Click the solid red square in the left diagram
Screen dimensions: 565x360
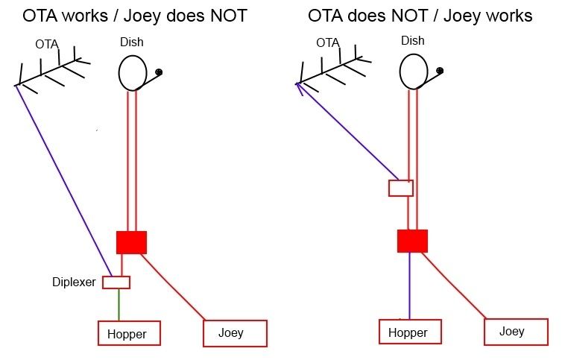point(131,242)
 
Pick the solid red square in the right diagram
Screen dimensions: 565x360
point(413,241)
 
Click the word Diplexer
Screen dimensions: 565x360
point(74,282)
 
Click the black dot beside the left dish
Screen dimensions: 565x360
point(159,72)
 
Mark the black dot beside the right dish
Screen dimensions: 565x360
point(440,71)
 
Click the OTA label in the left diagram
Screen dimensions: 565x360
point(47,44)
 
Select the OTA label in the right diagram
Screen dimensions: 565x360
point(328,43)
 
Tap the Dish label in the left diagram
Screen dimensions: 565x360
point(132,42)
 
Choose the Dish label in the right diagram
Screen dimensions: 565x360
point(413,41)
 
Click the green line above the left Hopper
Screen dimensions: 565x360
point(119,305)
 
